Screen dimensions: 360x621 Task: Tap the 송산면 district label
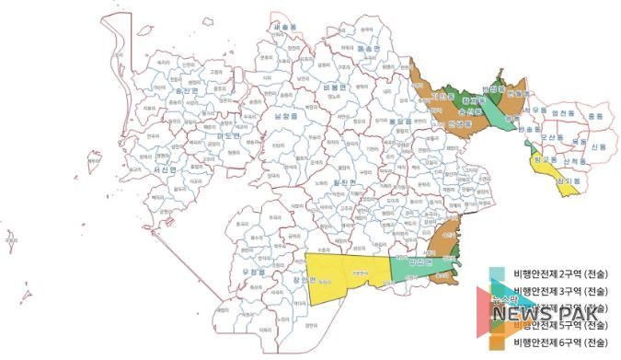coord(186,92)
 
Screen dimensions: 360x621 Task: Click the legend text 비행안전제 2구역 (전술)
coord(559,274)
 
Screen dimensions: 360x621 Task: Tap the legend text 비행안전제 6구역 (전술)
coord(559,342)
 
